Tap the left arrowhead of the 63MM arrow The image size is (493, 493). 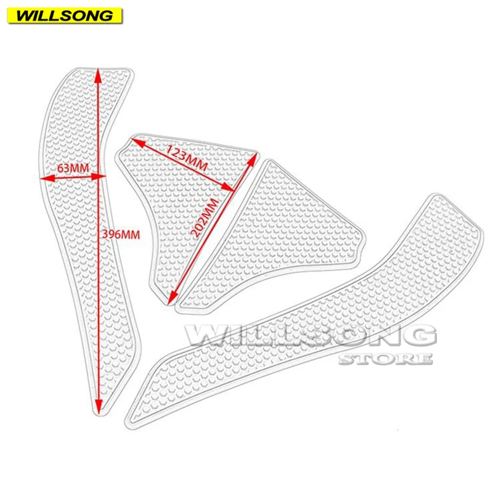43,178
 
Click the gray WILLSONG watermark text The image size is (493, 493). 311,336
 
